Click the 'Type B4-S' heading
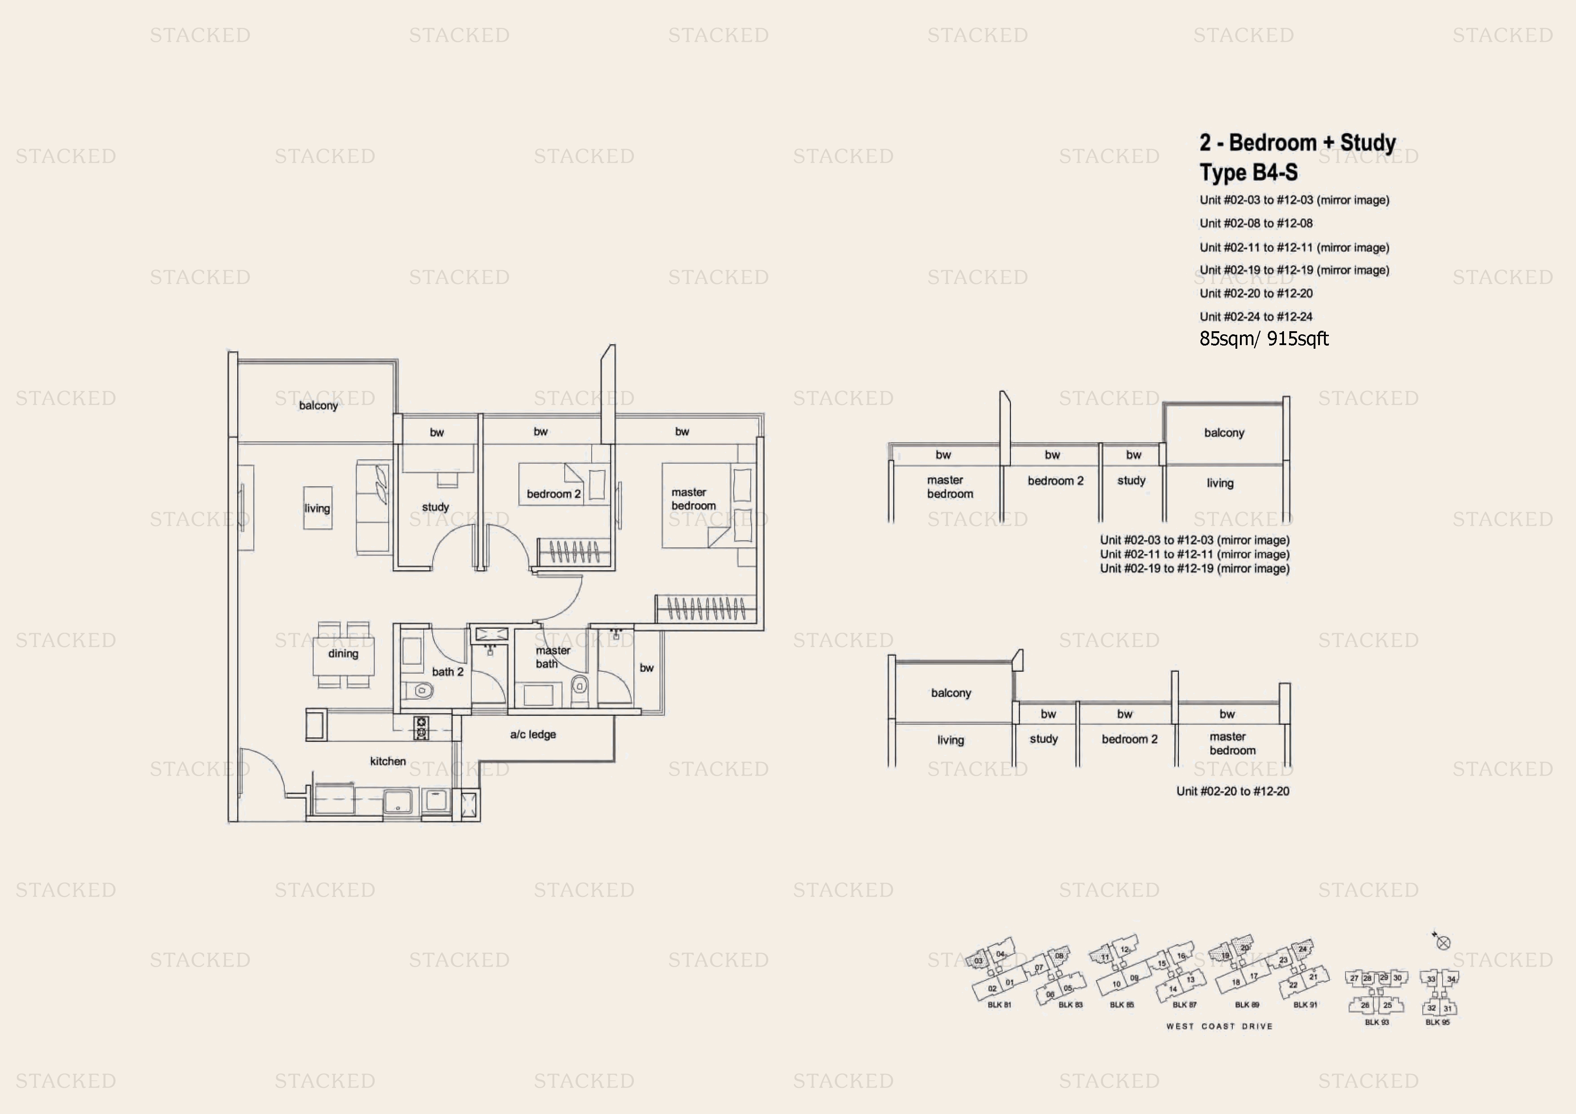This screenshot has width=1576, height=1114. point(1248,172)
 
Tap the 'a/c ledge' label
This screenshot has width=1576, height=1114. point(533,734)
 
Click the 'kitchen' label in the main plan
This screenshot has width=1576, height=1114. point(387,761)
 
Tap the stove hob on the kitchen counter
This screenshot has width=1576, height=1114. point(421,728)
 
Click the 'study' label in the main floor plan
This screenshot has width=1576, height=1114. point(435,507)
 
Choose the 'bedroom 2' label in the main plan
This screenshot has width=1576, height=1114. point(553,494)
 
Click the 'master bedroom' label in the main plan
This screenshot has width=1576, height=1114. point(693,499)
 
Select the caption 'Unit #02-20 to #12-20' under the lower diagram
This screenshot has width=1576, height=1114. point(1232,791)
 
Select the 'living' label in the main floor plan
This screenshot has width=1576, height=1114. point(317,509)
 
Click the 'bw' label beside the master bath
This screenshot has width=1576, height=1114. point(646,668)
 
